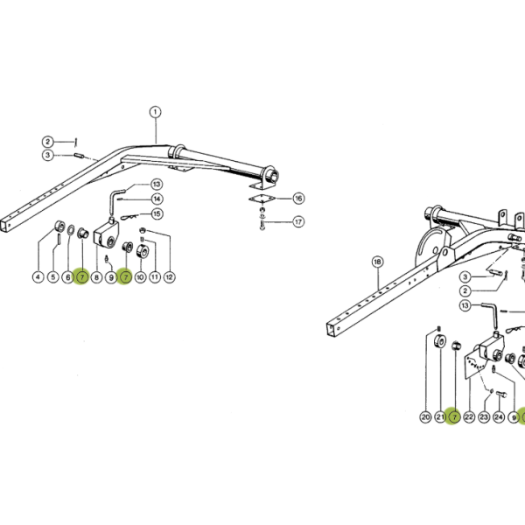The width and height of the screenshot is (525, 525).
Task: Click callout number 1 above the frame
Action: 155,112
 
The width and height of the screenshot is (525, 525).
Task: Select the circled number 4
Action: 38,277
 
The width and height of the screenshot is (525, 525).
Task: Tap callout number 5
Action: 52,277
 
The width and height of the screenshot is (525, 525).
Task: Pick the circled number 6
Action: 67,277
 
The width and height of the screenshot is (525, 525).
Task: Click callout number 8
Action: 96,277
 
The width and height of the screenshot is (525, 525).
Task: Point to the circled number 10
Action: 140,277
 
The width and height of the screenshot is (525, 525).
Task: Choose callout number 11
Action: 155,277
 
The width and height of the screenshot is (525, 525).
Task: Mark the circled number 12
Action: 170,277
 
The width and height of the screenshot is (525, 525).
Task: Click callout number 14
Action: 157,199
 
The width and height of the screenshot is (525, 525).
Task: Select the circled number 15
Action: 157,213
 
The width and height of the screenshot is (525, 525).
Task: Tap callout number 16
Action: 298,199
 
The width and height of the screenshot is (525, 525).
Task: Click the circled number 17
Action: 298,221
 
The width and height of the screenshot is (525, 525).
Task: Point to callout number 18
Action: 378,262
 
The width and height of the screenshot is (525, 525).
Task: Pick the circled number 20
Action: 425,417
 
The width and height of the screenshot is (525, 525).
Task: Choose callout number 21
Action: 440,417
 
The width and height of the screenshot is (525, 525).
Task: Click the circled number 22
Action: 469,417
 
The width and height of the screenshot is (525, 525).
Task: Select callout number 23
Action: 484,417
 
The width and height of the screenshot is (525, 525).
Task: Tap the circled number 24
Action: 499,417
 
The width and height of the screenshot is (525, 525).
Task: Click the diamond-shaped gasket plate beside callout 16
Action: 262,199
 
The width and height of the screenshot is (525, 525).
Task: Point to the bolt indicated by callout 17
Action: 262,225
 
